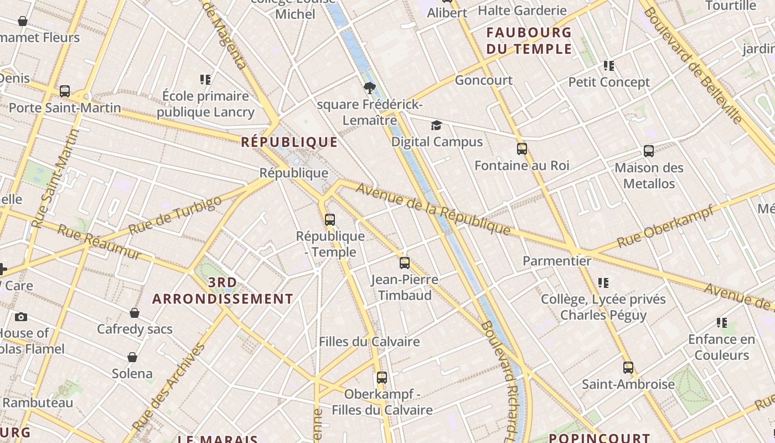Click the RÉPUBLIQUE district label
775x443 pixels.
pos(289,142)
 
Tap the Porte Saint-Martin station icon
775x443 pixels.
pos(65,91)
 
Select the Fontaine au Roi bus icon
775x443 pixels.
pos(522,149)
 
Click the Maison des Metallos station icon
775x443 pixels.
pos(649,151)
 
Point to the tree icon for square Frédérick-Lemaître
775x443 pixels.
pos(370,87)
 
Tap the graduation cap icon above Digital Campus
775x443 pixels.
pos(436,126)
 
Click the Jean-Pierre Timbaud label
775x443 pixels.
pos(405,287)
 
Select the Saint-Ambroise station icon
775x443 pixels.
pos(628,368)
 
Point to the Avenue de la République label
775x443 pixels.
pos(433,208)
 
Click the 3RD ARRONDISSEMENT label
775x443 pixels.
pos(223,291)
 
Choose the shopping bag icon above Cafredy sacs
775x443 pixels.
pos(135,313)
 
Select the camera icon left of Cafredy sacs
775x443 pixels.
pos(21,317)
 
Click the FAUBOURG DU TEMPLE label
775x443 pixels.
pos(529,40)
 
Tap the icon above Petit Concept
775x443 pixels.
pos(609,66)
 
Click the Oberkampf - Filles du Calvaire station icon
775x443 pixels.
pos(382,378)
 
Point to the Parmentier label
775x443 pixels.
pos(557,260)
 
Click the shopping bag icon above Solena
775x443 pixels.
pos(132,357)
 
